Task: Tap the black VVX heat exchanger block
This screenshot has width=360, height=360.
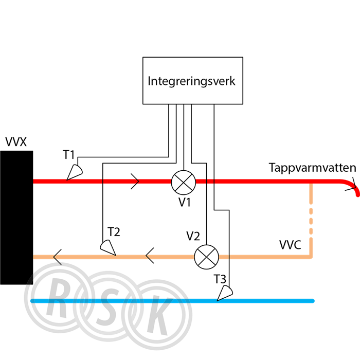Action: coord(16,218)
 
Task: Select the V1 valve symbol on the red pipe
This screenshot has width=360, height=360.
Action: coord(184,183)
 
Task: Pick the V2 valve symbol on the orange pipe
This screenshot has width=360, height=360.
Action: coord(206,257)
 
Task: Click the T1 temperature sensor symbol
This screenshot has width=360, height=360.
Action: coord(75,172)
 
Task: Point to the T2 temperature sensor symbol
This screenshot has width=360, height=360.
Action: coord(108,248)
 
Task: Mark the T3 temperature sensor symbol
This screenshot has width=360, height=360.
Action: coord(225,293)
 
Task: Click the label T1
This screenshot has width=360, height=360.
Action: coord(68,155)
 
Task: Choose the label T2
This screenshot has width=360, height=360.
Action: coord(114,232)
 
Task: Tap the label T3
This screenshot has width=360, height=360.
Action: coord(220,279)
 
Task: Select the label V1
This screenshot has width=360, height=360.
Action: coord(185,202)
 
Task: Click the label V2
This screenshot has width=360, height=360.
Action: coord(193,236)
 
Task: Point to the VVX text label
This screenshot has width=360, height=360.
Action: coord(16,142)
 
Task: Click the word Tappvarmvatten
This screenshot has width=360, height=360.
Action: coord(313,168)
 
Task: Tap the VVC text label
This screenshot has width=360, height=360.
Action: coord(290,245)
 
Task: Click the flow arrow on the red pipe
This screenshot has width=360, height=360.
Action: coord(135,182)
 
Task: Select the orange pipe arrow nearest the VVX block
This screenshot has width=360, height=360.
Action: coord(58,257)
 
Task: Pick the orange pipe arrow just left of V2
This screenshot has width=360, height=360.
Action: coord(150,256)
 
